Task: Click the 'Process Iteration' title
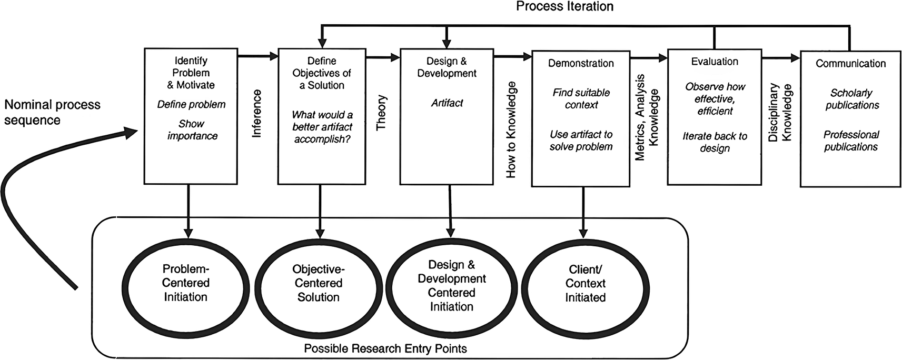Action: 565,6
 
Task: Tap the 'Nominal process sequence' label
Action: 52,112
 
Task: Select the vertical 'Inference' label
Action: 257,114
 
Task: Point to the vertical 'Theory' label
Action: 381,112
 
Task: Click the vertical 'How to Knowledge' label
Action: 511,129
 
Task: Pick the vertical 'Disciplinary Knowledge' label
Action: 780,112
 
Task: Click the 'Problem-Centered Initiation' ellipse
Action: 186,283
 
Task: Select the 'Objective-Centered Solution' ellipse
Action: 319,283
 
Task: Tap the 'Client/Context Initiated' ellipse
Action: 585,284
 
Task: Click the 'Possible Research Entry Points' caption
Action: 385,348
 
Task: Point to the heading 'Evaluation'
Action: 715,61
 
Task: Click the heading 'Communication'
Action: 851,63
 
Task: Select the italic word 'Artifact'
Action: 447,103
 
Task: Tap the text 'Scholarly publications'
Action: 851,99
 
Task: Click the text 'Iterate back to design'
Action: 715,142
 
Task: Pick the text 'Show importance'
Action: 192,129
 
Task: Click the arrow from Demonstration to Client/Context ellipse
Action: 583,212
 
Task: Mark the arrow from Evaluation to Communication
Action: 781,58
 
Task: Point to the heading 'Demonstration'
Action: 581,63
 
